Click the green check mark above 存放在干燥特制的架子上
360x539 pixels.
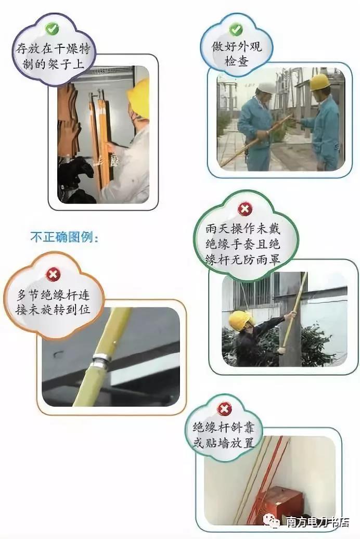pos(52,29)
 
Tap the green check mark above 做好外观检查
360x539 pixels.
pos(236,30)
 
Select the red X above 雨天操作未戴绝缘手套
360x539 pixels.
pos(245,209)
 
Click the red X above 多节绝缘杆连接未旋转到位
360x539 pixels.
pos(53,274)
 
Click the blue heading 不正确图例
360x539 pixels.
pos(65,237)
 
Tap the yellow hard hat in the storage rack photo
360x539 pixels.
pos(139,97)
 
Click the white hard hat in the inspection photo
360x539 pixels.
pos(266,87)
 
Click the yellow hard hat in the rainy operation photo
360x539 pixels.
pos(240,320)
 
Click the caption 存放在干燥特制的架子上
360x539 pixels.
pos(52,56)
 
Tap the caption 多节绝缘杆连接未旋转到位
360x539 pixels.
pos(53,302)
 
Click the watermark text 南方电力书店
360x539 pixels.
pos(317,522)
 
